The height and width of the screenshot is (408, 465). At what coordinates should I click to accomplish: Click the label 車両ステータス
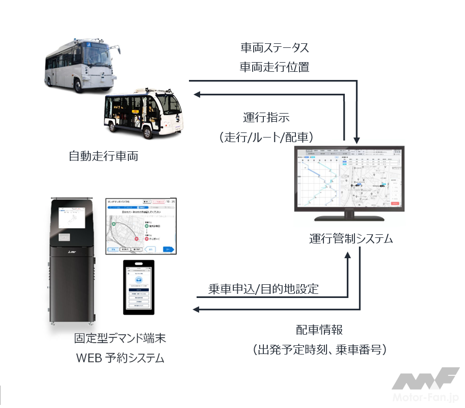pyautogui.click(x=275, y=48)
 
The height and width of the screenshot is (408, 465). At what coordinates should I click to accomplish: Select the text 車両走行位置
pyautogui.click(x=275, y=67)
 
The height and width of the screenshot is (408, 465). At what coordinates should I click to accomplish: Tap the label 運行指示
pyautogui.click(x=266, y=118)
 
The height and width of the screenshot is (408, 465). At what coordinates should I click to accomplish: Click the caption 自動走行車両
pyautogui.click(x=103, y=156)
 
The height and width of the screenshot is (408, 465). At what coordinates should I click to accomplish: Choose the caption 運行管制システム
pyautogui.click(x=351, y=239)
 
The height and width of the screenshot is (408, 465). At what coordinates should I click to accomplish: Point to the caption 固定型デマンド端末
pyautogui.click(x=120, y=338)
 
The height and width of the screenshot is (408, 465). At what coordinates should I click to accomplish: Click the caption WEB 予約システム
pyautogui.click(x=120, y=358)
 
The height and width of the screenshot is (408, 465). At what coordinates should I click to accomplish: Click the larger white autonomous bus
pyautogui.click(x=81, y=64)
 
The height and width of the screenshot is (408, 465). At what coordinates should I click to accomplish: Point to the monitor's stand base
pyautogui.click(x=350, y=218)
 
